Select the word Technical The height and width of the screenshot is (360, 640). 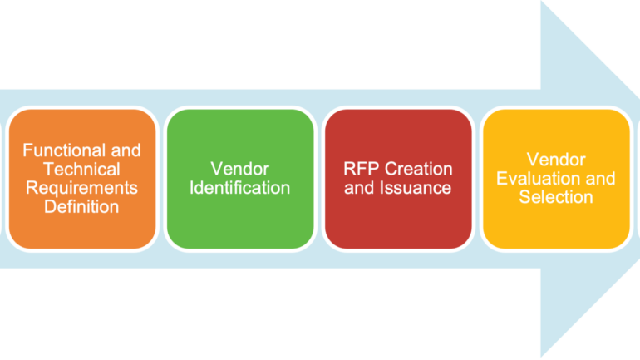(x=81, y=169)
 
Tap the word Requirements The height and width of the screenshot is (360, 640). (x=81, y=187)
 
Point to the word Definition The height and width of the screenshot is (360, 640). (x=81, y=205)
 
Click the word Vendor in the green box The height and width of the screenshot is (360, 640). (x=239, y=169)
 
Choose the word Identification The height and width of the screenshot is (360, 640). (x=239, y=187)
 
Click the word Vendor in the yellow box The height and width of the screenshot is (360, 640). (x=556, y=160)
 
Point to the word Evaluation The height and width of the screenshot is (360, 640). (x=541, y=178)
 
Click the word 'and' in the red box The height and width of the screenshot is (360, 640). (x=359, y=187)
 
